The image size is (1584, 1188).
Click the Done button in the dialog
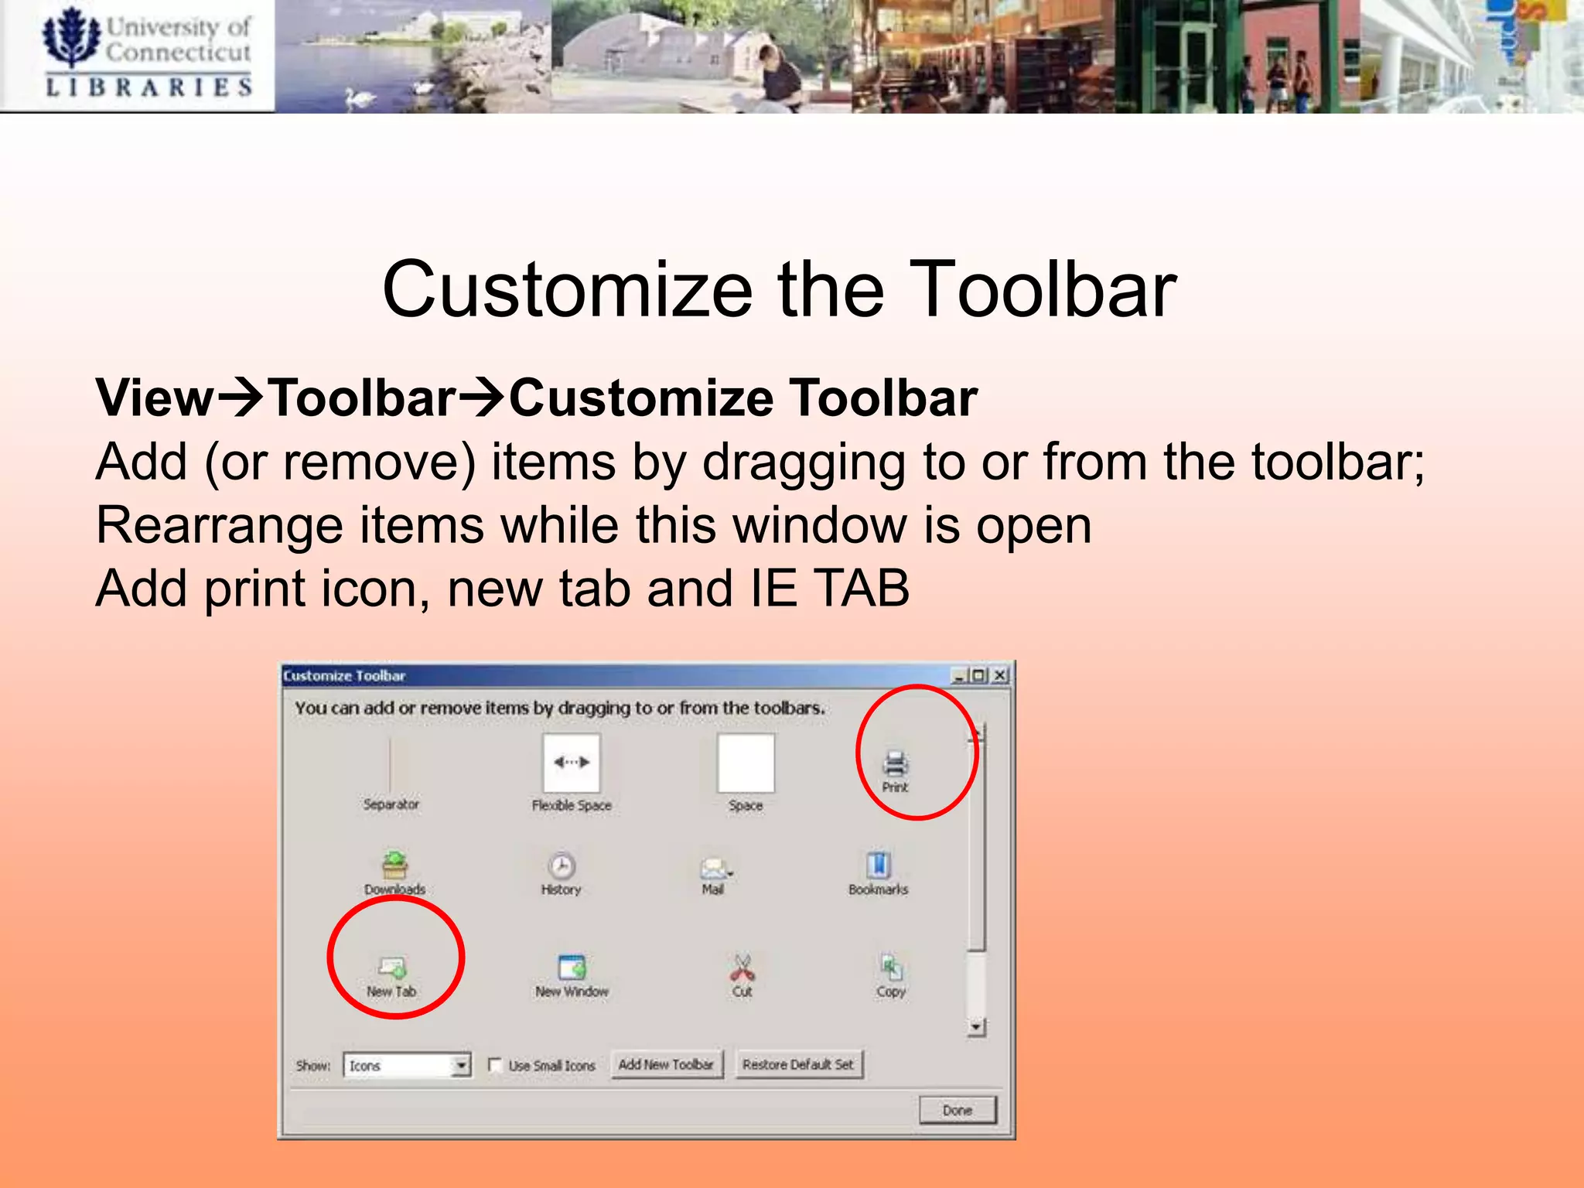coord(958,1110)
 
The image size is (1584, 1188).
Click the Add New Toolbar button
coord(666,1064)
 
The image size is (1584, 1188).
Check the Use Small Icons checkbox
coord(495,1065)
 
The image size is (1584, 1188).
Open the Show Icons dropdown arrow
coord(461,1065)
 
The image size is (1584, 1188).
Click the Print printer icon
coord(895,763)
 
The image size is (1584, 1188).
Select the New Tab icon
coord(392,967)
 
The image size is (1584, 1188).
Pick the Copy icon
coord(891,967)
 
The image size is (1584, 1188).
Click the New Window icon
coord(572,967)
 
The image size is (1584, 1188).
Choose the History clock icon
coord(562,865)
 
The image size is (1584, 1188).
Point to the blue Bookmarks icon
coord(879,865)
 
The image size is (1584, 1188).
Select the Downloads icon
coord(394,865)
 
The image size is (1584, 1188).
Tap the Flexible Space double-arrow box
coord(572,763)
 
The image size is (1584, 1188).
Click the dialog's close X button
coord(1000,675)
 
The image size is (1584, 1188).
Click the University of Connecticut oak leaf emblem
coord(71,38)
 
